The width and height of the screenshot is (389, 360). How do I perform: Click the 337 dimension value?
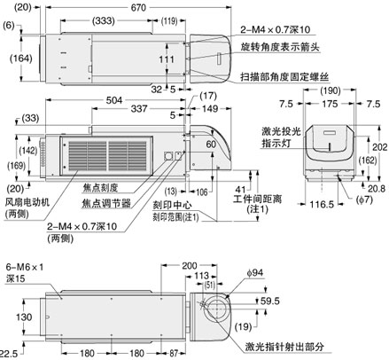click(139, 111)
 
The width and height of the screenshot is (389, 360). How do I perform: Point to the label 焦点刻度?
click(99, 186)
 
